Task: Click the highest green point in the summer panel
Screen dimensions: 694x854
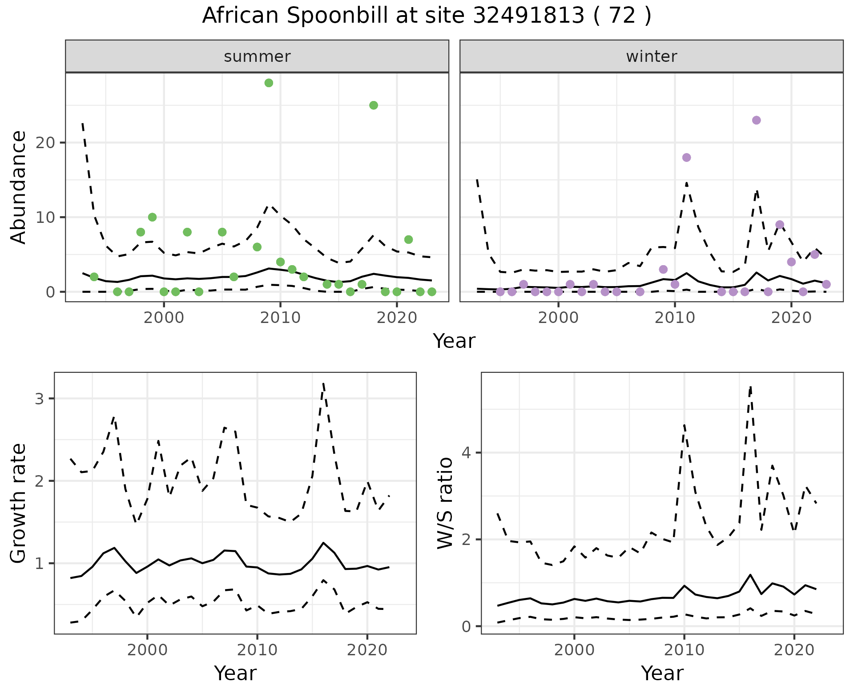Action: pos(269,83)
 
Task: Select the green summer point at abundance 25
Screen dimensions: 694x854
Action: pos(374,105)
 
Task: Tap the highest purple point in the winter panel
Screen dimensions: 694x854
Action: pos(756,120)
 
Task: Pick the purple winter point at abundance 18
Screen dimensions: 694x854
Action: pos(686,157)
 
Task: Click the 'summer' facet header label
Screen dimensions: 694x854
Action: pos(257,56)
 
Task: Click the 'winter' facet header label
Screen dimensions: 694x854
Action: pos(652,56)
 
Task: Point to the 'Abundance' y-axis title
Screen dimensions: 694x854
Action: pos(18,187)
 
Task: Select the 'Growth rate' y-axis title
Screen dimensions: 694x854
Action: pos(18,503)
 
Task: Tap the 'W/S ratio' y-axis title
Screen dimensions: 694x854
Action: pos(445,503)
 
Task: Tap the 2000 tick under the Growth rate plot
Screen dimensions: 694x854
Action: pos(147,650)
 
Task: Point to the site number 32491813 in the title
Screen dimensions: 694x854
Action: pos(528,16)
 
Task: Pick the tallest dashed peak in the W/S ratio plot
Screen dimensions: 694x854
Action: pos(750,387)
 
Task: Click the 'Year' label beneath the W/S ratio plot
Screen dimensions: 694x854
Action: pos(662,673)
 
